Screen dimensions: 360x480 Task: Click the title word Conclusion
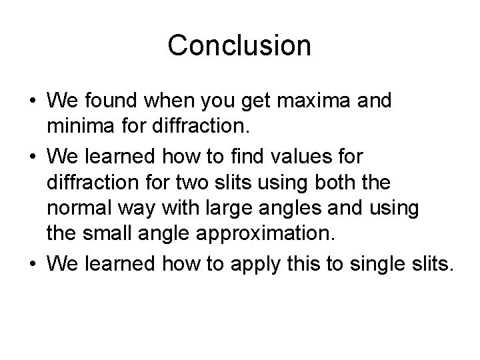pyautogui.click(x=239, y=46)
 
